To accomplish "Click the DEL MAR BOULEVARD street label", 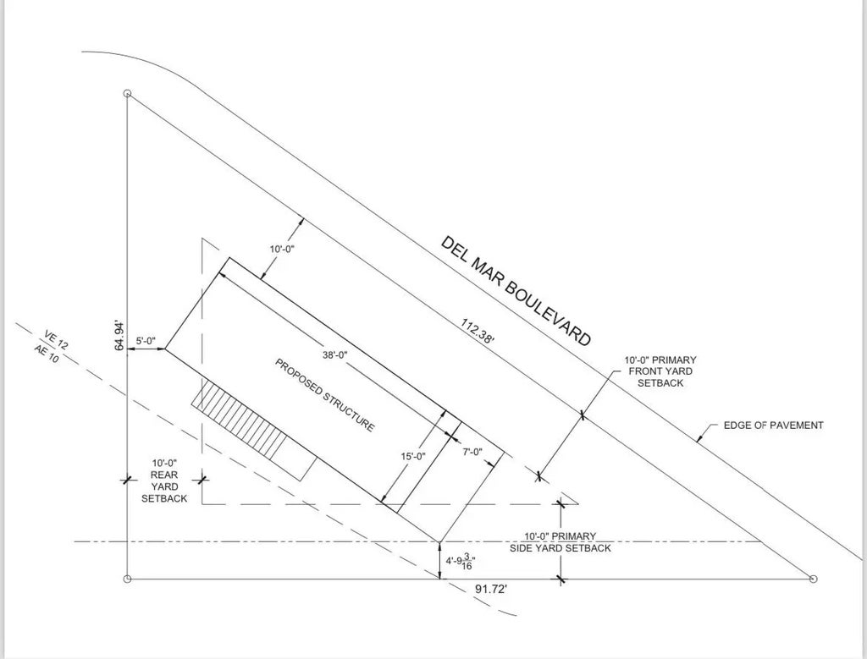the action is (516, 290).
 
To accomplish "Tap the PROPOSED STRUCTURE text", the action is (325, 395).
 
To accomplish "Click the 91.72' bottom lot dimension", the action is (491, 590).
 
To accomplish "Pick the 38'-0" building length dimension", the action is (335, 355).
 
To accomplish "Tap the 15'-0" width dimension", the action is (413, 456).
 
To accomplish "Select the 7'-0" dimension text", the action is (472, 452).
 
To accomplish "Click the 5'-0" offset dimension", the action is (146, 341).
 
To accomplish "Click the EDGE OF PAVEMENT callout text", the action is (774, 426).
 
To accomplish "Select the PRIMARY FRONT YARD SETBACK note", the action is (660, 371).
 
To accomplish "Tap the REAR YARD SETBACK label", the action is (164, 481).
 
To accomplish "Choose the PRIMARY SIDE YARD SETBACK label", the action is (561, 542).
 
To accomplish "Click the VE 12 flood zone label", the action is (57, 340).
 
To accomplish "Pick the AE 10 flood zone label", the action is (47, 353).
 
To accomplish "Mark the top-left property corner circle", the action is (127, 94).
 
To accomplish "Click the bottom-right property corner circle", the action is (813, 579).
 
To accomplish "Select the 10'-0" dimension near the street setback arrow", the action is (282, 249).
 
